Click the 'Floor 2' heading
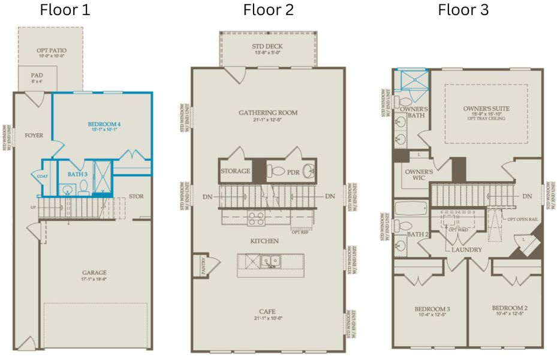(x=268, y=10)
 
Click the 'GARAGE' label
(x=95, y=272)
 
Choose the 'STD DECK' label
(x=267, y=47)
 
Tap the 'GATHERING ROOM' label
(x=268, y=113)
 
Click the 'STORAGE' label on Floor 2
(x=235, y=171)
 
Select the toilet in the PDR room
(x=275, y=172)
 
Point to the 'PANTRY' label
(x=203, y=263)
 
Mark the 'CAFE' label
(x=268, y=311)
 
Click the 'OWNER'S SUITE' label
(x=486, y=109)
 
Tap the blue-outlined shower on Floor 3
(x=411, y=79)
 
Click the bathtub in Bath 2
(x=411, y=210)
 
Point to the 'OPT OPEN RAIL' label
(x=522, y=220)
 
